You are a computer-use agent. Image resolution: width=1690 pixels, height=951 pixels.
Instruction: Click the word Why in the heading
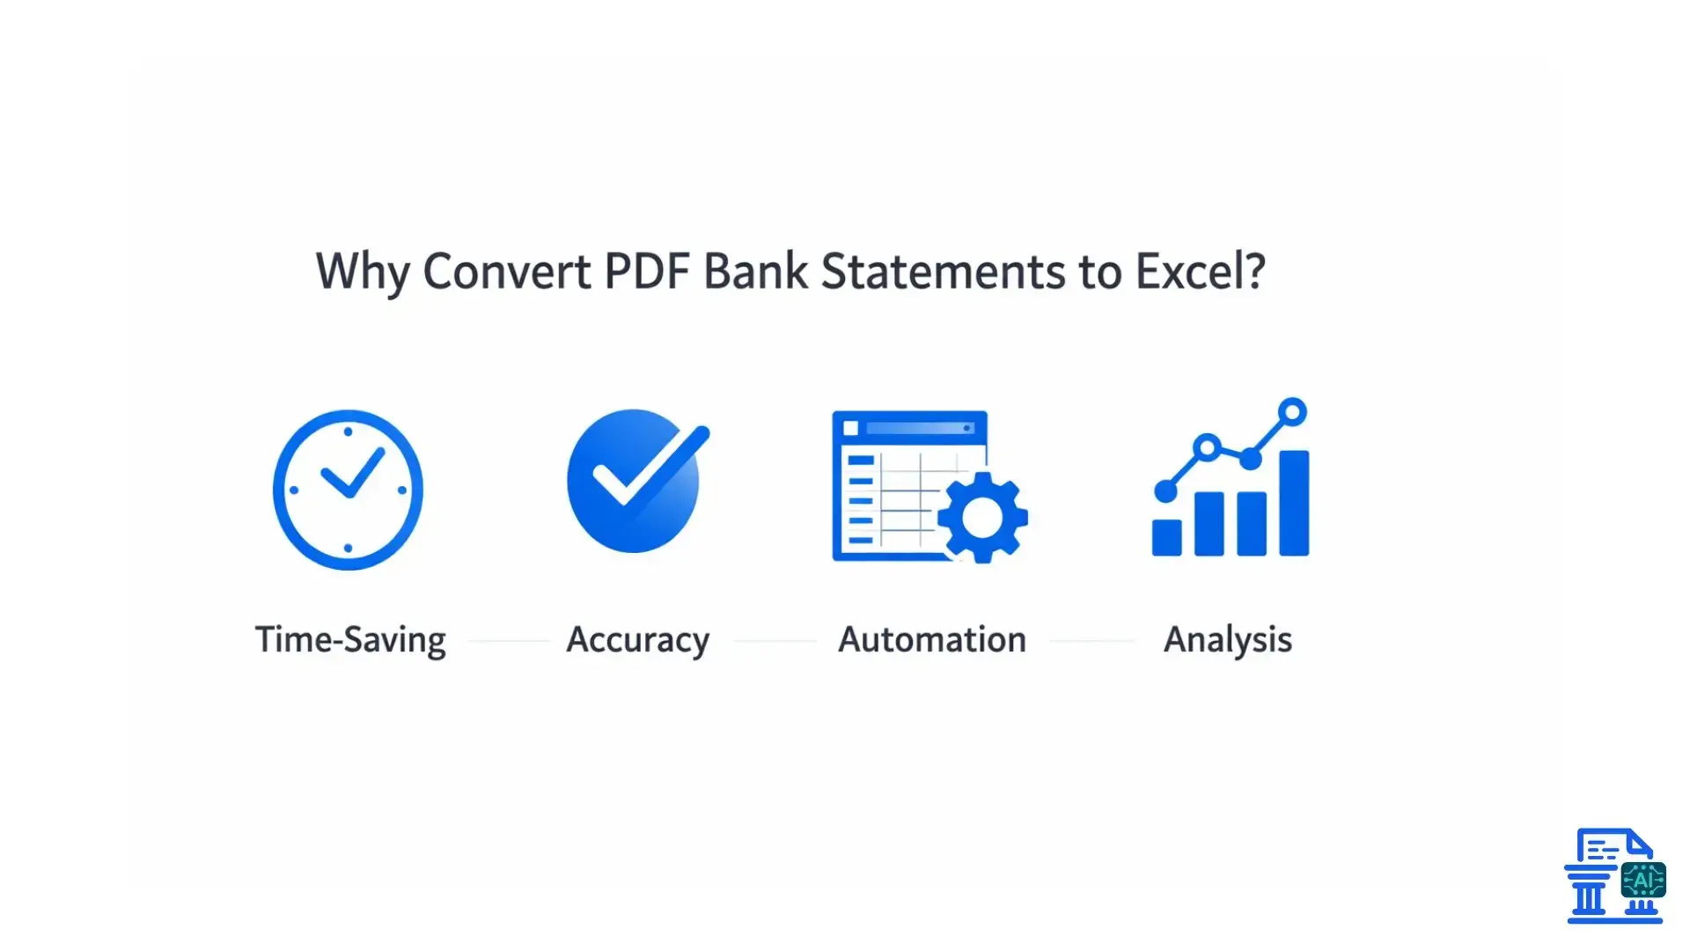tap(362, 271)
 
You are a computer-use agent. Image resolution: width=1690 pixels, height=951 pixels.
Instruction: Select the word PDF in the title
tap(646, 271)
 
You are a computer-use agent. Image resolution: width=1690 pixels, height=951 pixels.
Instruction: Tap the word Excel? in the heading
tap(1200, 271)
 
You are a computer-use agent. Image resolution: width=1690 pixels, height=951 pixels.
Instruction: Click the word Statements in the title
tap(944, 271)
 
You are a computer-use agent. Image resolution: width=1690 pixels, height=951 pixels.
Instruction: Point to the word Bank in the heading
tap(755, 271)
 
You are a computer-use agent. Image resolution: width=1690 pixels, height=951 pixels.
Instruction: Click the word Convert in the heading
tap(507, 271)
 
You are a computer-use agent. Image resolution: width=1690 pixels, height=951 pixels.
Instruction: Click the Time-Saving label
tap(350, 639)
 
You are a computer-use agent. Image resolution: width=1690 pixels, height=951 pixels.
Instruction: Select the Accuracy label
tap(637, 639)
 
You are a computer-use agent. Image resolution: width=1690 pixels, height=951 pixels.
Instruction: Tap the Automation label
tap(932, 639)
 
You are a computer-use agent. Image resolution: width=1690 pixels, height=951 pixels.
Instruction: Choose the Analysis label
tap(1228, 639)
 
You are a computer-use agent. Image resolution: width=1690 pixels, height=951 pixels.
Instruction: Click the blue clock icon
tap(348, 490)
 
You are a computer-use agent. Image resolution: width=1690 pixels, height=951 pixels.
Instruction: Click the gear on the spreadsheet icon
tap(982, 518)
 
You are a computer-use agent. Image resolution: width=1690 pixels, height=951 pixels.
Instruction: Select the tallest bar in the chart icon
tap(1293, 503)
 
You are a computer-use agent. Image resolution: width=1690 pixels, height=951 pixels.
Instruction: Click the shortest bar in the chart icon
tap(1167, 537)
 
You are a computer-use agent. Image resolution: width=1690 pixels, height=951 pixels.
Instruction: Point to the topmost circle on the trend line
tap(1292, 411)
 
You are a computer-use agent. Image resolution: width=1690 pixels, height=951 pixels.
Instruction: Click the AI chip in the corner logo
tap(1642, 880)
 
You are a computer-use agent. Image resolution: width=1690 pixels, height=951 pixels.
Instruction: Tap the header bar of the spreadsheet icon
tap(910, 428)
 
